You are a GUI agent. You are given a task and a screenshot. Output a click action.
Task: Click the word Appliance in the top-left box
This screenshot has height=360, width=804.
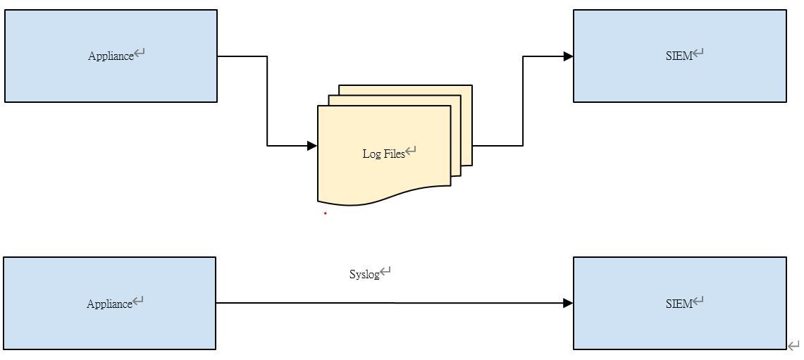(111, 56)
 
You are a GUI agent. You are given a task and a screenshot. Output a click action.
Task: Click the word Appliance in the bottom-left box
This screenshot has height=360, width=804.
(109, 304)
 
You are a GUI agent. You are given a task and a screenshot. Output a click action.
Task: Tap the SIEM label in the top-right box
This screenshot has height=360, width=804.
(679, 56)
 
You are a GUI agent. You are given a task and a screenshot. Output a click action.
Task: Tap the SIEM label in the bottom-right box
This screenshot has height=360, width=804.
(679, 304)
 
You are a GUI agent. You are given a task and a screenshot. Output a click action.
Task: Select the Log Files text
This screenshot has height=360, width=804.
(383, 154)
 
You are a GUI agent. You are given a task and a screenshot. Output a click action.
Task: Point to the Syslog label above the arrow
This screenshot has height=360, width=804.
(364, 274)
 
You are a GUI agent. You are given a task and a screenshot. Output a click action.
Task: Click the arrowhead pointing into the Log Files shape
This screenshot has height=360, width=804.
(312, 146)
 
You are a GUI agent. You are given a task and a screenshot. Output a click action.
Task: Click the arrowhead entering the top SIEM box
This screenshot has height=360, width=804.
(568, 56)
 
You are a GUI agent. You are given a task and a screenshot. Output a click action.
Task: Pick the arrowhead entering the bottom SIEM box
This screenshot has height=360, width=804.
(568, 303)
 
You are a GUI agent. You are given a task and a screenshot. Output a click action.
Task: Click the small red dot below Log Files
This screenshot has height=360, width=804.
(325, 213)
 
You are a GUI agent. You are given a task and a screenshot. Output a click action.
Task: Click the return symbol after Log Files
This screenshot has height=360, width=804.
(411, 151)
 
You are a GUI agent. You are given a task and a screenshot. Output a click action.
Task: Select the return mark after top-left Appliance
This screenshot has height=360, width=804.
(140, 53)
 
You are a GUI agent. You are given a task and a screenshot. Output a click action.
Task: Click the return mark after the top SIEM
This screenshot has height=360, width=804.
(698, 52)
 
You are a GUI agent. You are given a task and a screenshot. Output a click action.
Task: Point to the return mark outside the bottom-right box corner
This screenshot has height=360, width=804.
(793, 345)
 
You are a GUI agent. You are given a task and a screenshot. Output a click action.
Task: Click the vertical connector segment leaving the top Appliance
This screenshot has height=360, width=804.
(267, 101)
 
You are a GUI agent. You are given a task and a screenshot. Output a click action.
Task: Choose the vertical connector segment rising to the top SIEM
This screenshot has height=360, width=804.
(523, 101)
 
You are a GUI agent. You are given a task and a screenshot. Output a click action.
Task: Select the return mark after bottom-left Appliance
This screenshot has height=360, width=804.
(138, 301)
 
